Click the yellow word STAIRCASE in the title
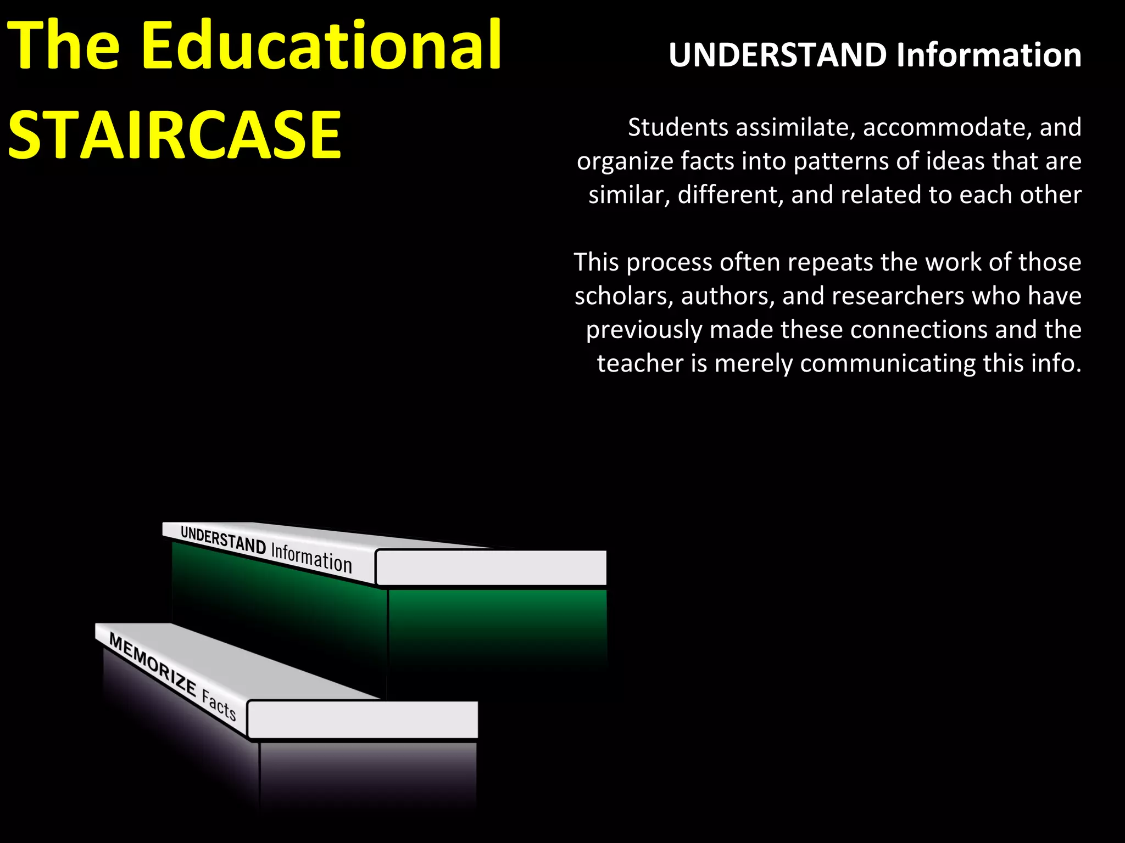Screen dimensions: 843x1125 coord(175,134)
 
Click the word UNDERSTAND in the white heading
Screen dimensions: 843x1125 coord(777,55)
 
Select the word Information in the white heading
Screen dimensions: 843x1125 coord(989,55)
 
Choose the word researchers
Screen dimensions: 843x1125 coord(898,296)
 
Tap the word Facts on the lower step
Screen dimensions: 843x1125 coord(219,706)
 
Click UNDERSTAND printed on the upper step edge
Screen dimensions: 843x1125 coord(223,539)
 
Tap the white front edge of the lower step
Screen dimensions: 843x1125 coord(363,719)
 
